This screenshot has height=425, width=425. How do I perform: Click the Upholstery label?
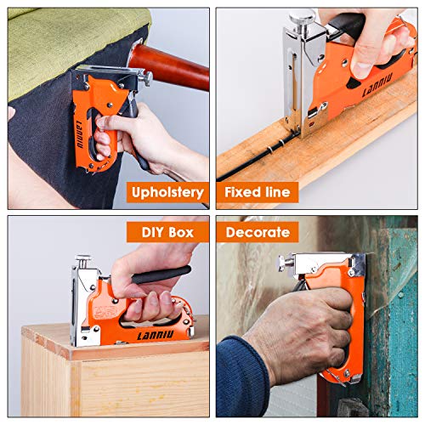[x=167, y=191]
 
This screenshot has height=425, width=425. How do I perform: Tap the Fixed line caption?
[x=258, y=191]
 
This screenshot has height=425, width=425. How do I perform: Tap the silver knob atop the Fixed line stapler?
[x=298, y=18]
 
